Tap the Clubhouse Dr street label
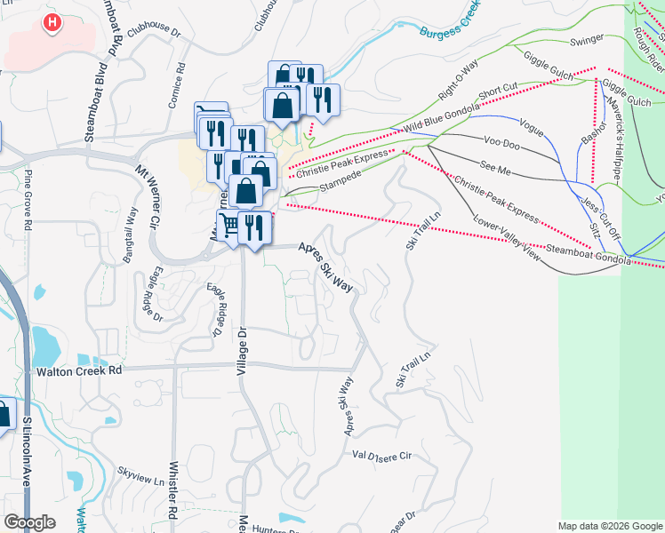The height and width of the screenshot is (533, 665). (154, 32)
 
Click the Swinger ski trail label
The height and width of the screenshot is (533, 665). (586, 39)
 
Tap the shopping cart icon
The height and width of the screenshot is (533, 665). (229, 226)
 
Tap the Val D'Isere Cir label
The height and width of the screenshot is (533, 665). (383, 455)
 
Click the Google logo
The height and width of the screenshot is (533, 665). (29, 521)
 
